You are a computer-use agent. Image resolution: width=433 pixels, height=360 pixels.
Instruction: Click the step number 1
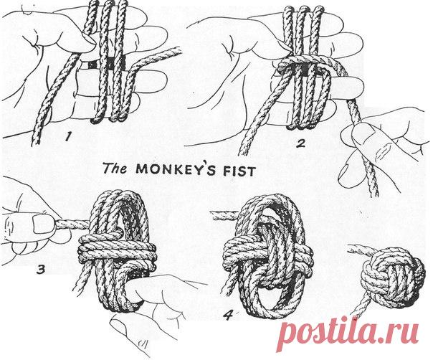tap(67, 136)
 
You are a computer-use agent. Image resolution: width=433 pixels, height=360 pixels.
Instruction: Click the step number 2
tap(300, 143)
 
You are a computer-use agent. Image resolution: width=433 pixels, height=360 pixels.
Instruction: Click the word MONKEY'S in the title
tap(176, 169)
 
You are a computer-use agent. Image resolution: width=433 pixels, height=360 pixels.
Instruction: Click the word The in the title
tap(115, 168)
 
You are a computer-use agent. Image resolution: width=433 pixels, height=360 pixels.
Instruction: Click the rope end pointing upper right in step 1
tap(178, 51)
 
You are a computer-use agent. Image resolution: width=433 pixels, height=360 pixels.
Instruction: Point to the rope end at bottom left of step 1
tap(35, 142)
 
